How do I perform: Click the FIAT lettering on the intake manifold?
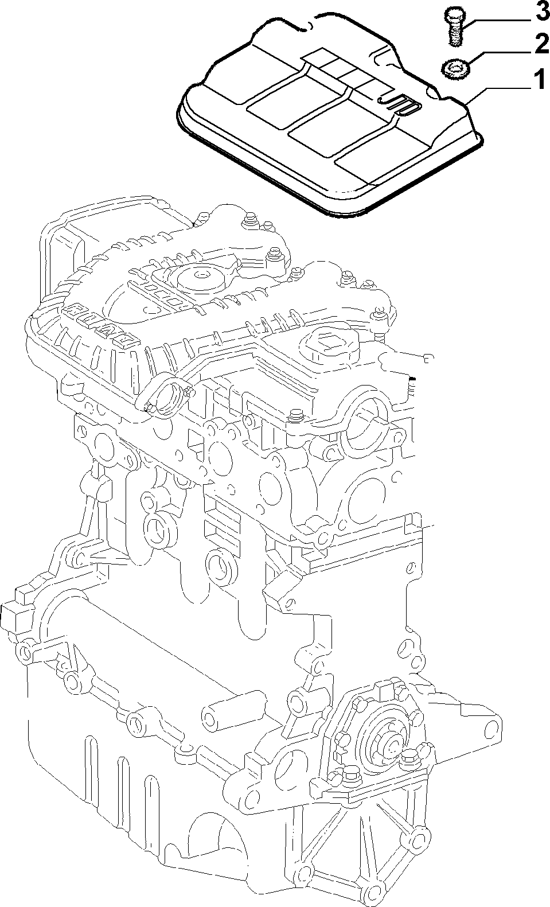click(100, 323)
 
